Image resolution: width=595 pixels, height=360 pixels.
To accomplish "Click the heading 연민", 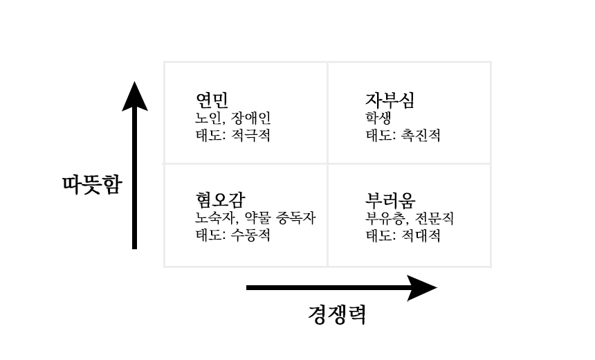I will point(212,100).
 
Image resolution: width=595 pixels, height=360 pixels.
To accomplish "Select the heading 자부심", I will point(390,100).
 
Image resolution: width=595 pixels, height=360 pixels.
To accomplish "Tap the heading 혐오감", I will point(220,200).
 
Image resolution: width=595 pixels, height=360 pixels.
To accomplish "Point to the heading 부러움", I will point(390,200).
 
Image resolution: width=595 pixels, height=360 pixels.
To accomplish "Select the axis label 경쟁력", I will point(336,315).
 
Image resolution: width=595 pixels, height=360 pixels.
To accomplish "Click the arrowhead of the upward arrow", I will point(135,98).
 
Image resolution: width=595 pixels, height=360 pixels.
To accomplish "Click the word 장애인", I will point(251,118).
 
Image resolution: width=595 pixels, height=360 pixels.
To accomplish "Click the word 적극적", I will point(250,135).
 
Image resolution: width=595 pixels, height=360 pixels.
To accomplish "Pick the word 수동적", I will point(250,235).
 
